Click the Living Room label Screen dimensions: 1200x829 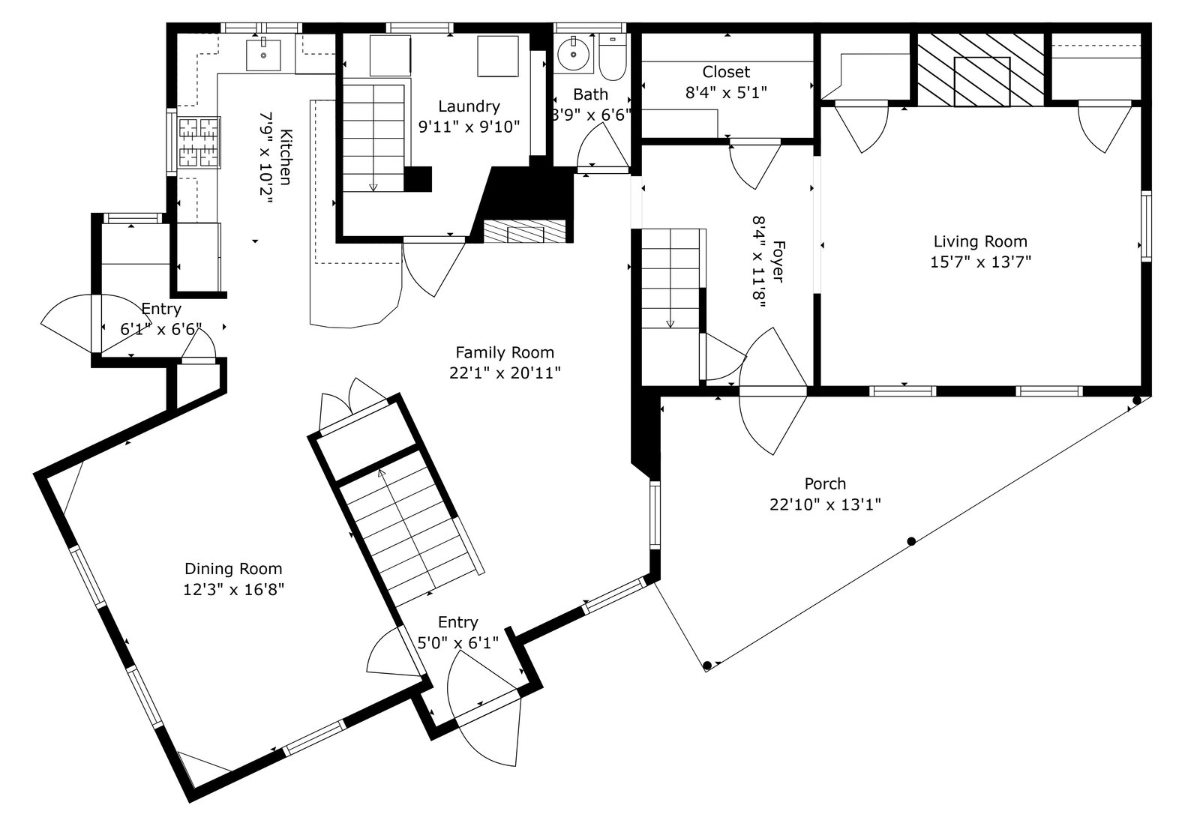pos(980,241)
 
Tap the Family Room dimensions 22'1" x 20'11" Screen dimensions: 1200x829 pos(505,373)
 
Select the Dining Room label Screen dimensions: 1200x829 pos(233,568)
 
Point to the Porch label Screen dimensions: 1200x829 pos(825,483)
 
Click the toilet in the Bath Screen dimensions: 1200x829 pos(612,56)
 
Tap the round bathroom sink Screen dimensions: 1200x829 pos(573,54)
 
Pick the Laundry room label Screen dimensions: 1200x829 pos(469,106)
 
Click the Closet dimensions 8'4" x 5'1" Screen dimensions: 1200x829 pos(726,93)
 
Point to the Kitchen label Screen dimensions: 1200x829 pos(286,157)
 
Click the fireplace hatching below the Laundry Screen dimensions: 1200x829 pos(524,232)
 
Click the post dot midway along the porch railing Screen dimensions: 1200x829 pos(911,541)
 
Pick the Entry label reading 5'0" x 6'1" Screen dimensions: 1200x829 pos(457,632)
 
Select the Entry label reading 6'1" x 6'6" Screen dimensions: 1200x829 pos(160,319)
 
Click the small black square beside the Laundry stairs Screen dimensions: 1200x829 pos(417,179)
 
